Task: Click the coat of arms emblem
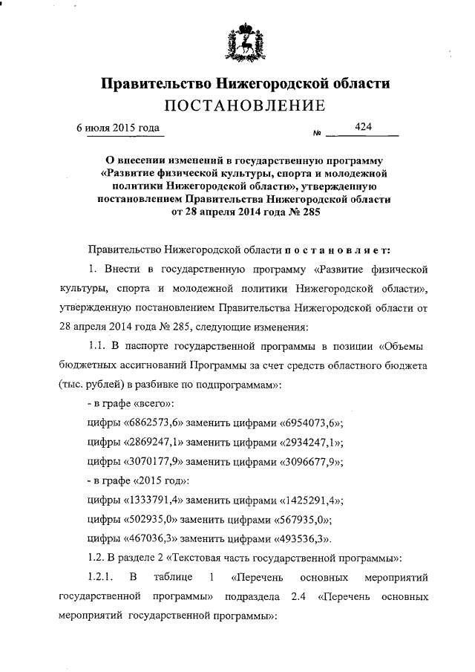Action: [x=243, y=44]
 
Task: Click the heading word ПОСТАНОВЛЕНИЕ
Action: [x=245, y=105]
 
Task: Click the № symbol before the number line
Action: [x=296, y=134]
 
